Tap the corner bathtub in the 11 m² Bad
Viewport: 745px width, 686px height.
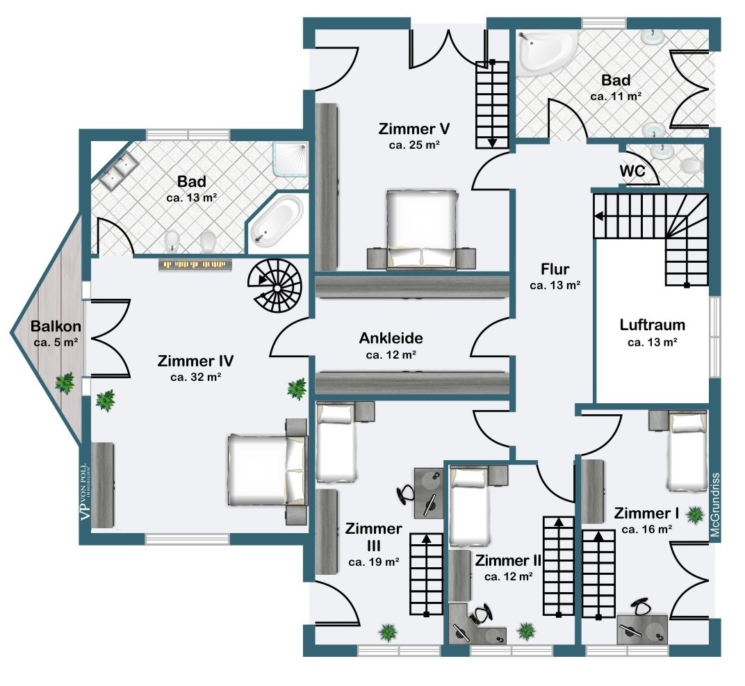coord(546,52)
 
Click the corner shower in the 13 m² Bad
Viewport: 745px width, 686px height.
coord(290,159)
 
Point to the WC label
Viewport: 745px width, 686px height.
coord(632,170)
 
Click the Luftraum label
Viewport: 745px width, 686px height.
coord(653,325)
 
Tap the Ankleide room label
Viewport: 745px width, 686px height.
coord(391,338)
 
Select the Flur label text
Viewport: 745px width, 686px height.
coord(555,269)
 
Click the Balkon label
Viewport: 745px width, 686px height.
coord(56,327)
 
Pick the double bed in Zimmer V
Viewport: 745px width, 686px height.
coord(422,229)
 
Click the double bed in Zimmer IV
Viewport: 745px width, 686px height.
coord(267,469)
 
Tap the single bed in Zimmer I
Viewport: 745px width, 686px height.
coord(687,451)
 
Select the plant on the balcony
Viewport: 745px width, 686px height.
coord(65,382)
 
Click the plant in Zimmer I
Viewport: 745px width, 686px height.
coord(694,514)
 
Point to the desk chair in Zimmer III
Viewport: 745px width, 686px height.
coord(407,494)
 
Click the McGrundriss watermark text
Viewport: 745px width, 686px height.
coord(716,505)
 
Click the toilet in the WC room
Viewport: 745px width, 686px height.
coord(691,166)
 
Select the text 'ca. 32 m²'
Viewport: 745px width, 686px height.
coord(195,377)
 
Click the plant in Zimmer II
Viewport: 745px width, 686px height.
coord(526,631)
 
